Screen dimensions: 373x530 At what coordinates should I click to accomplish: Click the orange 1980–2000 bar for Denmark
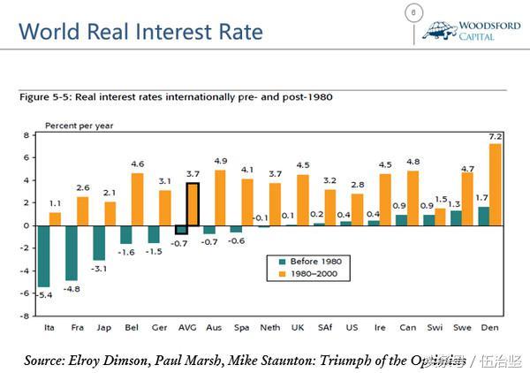coord(496,184)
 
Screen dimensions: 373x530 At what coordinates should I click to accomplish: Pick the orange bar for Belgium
coord(137,199)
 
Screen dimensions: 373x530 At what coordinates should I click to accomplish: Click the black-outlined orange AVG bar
coord(193,204)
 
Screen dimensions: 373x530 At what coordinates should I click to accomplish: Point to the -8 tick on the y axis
coord(27,315)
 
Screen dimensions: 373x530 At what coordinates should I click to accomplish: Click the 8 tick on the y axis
coord(27,135)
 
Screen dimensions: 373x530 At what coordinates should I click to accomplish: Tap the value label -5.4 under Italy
coord(42,294)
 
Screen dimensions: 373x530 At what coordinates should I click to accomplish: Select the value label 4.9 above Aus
coord(220,161)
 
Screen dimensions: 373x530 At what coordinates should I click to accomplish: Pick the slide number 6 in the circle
coord(413,11)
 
